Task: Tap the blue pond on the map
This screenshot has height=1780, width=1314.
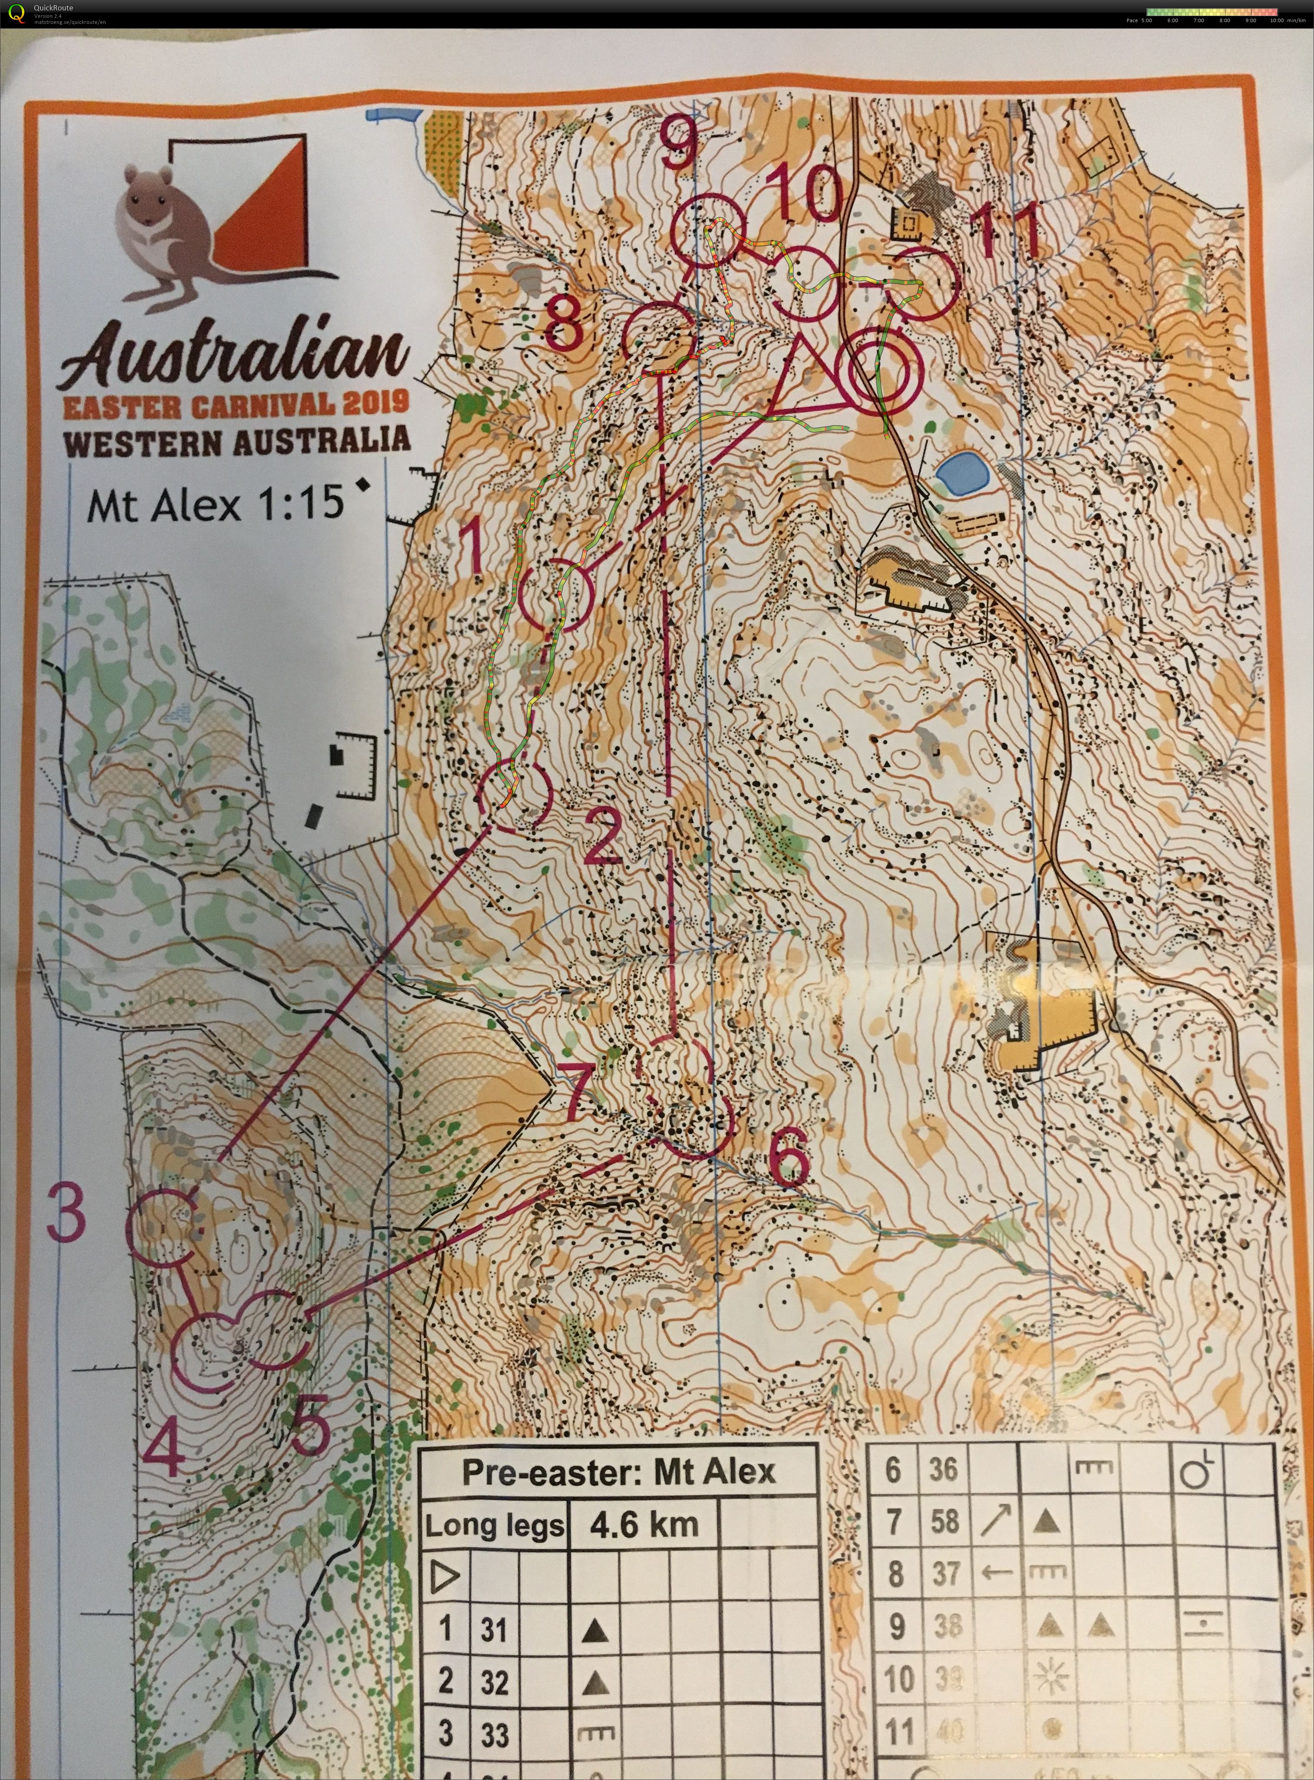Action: (x=960, y=475)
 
